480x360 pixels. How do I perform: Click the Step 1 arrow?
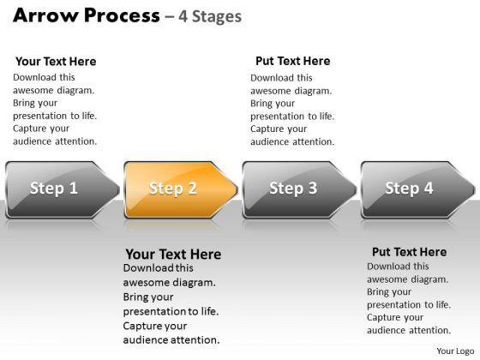tap(63, 189)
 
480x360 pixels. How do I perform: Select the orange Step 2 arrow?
tap(181, 189)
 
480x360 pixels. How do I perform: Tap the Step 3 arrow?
tap(299, 189)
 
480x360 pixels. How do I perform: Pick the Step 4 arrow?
tap(418, 189)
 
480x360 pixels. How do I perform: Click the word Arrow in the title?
tap(45, 15)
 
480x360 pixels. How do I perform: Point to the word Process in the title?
tap(122, 15)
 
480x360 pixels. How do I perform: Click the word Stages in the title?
tap(217, 16)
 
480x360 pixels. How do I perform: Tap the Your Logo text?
tap(455, 351)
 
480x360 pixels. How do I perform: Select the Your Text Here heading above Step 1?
tap(56, 61)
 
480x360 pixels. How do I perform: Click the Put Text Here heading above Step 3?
tap(293, 61)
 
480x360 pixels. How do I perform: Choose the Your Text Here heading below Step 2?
tap(173, 254)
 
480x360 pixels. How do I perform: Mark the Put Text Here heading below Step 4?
tap(410, 252)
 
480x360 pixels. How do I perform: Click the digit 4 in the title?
tap(183, 16)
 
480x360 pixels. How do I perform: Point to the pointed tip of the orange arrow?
tap(237, 189)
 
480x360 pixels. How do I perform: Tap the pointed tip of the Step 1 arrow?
tap(119, 189)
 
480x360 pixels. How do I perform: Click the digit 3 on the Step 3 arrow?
tap(313, 188)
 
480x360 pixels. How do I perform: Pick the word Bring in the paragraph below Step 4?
tap(377, 292)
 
